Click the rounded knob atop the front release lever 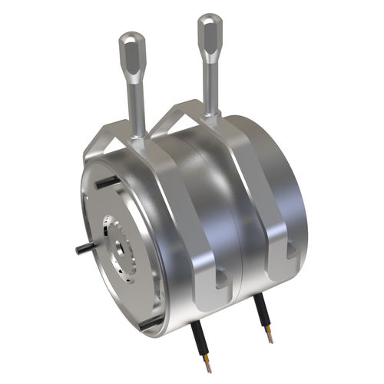[x=131, y=51]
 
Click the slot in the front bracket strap [x=221, y=279]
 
